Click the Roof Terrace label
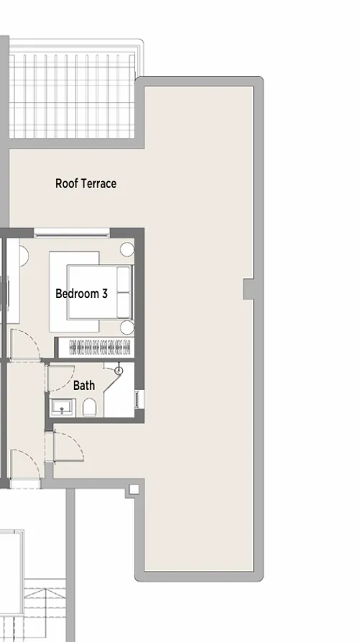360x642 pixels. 86,184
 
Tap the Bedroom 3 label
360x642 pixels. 81,294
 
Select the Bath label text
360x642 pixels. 84,386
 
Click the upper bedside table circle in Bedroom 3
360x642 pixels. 127,250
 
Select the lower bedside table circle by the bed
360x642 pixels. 127,327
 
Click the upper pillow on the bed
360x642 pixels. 124,279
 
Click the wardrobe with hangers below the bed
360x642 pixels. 100,347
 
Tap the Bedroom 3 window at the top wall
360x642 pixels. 72,232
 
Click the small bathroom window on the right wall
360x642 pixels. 139,399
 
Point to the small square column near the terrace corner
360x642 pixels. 133,490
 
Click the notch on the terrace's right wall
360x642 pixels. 249,289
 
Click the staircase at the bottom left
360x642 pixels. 43,610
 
